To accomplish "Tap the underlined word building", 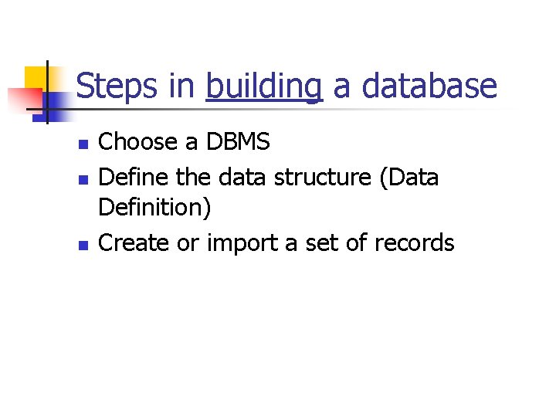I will (263, 87).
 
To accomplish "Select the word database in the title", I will (429, 86).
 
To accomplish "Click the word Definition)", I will (155, 208).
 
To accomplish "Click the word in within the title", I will (183, 86).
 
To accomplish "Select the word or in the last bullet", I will (188, 243).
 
